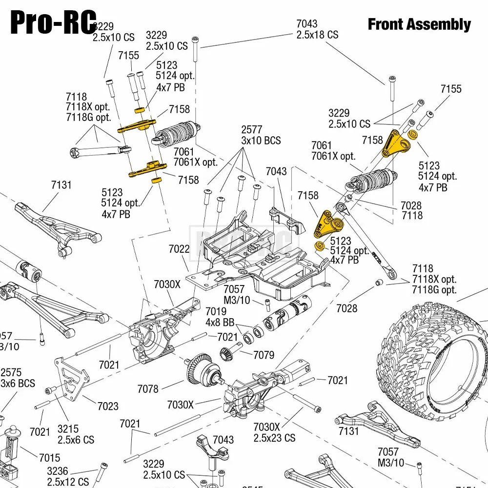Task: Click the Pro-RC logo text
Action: pos(53,22)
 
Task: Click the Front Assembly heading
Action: pos(419,24)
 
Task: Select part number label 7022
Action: pos(179,249)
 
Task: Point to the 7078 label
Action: pos(148,388)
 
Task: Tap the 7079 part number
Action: pos(264,355)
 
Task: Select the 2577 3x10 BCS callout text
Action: pos(261,135)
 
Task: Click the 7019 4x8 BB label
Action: pos(221,317)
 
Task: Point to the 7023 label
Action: pos(107,406)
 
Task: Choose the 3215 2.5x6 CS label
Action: pos(76,434)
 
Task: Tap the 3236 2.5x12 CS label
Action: pos(68,476)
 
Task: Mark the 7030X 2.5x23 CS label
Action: pos(274,432)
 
